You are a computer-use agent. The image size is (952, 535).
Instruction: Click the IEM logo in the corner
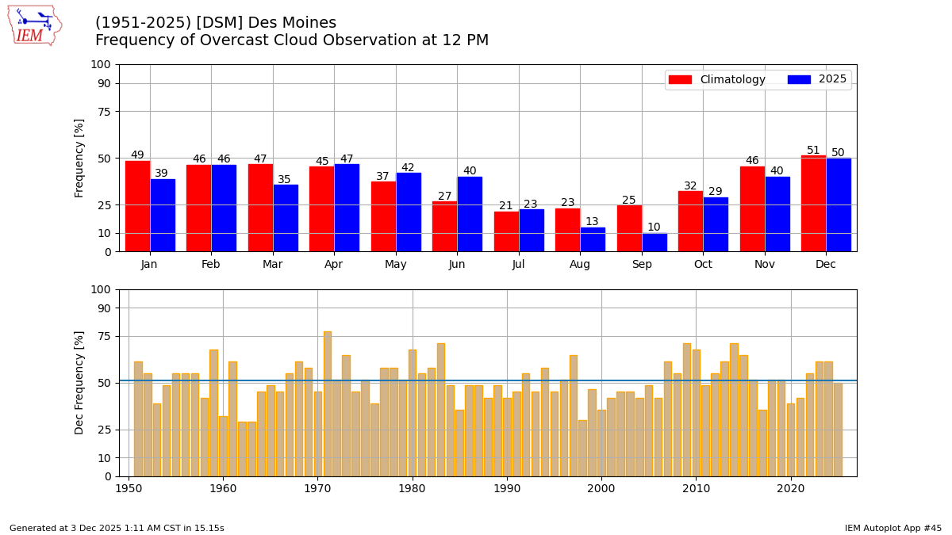(34, 25)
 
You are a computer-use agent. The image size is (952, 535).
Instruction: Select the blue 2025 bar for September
(654, 243)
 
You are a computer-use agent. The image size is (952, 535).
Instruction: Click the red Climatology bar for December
(813, 204)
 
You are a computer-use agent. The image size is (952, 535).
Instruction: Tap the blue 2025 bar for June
(470, 214)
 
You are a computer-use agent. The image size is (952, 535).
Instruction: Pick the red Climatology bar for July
(506, 231)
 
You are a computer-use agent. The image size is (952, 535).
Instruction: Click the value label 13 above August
(592, 222)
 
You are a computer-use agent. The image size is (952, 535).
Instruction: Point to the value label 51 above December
(813, 151)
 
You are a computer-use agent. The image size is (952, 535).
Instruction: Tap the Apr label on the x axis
(334, 265)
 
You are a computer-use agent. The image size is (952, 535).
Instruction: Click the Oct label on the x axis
(703, 265)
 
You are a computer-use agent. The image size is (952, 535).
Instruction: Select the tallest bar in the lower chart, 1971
(328, 404)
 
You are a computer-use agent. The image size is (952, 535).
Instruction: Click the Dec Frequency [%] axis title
(79, 382)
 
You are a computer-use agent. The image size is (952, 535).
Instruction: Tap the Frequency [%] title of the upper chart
(79, 158)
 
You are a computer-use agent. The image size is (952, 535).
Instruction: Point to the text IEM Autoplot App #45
(892, 528)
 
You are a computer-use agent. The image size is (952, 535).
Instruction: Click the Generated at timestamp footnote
(117, 528)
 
